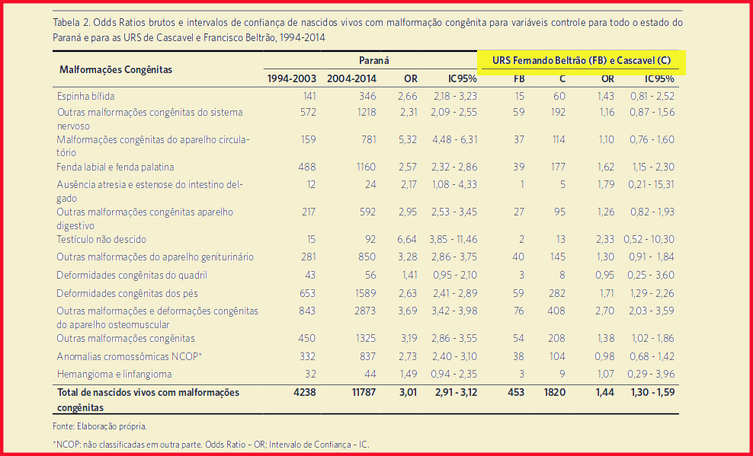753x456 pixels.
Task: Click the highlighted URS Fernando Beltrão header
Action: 582,61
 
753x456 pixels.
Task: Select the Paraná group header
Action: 374,59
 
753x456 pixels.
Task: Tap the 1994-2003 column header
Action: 291,78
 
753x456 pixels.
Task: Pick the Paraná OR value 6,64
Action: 407,239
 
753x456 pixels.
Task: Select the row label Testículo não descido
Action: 101,239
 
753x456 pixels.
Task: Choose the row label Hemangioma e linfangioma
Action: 114,374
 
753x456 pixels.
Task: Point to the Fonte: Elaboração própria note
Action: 100,426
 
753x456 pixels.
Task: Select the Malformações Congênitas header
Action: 116,69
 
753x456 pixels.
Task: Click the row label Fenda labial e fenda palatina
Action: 116,167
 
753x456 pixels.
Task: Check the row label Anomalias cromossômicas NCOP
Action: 129,356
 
